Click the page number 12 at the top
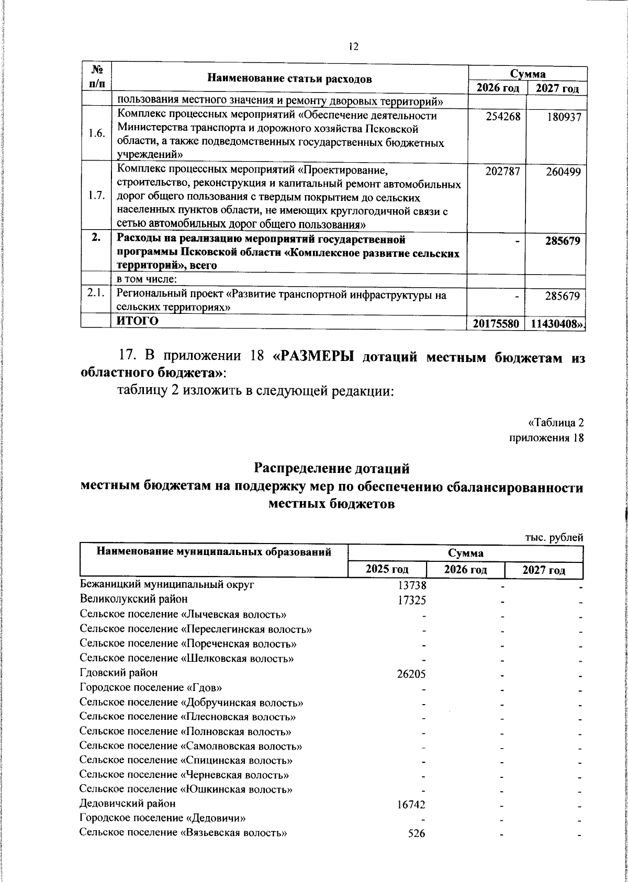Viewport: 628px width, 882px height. [x=353, y=47]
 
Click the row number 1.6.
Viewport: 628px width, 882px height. [x=96, y=134]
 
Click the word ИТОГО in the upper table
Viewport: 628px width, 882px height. [x=137, y=321]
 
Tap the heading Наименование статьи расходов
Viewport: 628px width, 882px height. [x=290, y=79]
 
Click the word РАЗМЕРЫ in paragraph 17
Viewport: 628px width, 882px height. [x=313, y=357]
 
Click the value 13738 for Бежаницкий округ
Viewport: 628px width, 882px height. [x=412, y=586]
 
